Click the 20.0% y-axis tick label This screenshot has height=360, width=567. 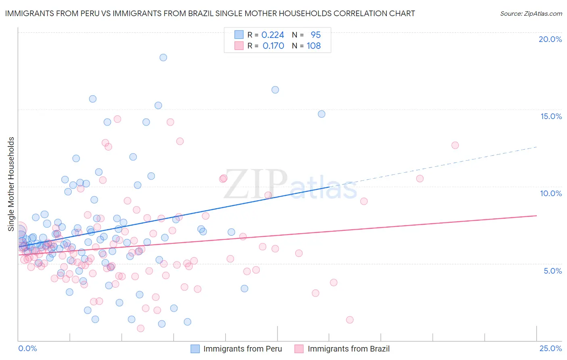[550, 39]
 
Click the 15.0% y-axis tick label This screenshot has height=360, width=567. [551, 116]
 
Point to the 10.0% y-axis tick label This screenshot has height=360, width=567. [551, 193]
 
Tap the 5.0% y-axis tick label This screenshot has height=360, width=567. [552, 271]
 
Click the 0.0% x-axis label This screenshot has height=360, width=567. [27, 348]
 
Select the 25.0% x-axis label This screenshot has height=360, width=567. [550, 348]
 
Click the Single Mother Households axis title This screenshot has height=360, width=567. [11, 184]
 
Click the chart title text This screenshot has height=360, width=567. [210, 13]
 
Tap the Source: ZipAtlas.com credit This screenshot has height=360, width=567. [531, 13]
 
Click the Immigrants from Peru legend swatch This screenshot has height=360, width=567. [195, 349]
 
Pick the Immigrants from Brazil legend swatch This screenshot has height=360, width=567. [299, 349]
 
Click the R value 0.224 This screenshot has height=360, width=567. [273, 35]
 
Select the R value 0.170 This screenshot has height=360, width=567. [273, 46]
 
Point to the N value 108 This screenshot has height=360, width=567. [313, 46]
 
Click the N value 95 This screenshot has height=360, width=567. [315, 35]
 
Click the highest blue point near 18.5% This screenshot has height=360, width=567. [163, 57]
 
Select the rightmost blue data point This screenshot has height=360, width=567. [321, 114]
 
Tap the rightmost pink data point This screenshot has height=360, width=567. [455, 145]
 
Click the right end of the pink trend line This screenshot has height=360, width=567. [537, 216]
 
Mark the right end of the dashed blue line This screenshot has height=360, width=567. [537, 147]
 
